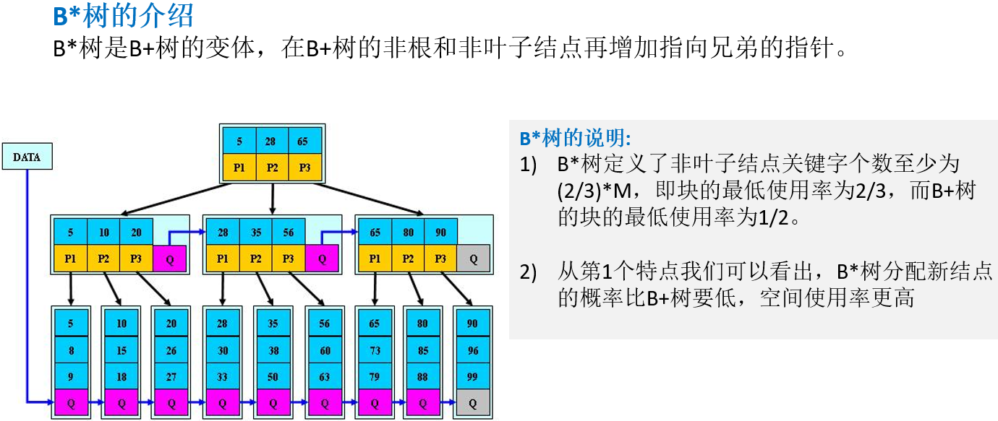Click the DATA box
coord(27,157)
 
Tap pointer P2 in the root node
coord(272,168)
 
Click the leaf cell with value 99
coord(472,376)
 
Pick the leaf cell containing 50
coord(273,376)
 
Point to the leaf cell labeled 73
coord(374,350)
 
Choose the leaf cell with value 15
coord(121,350)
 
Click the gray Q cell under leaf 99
coord(472,402)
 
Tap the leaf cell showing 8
coord(70,350)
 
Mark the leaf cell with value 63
coord(324,376)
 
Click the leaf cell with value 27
coord(171,376)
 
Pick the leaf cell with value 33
coord(223,376)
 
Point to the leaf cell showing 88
coord(423,376)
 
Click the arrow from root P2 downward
coord(272,196)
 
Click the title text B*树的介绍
coord(124,15)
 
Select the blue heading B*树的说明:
coord(575,138)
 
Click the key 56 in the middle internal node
coord(289,233)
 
